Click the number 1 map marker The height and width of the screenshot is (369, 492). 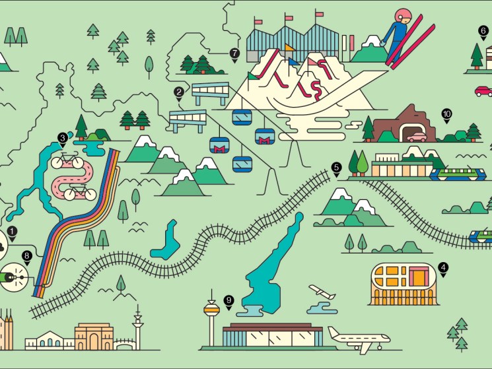12,232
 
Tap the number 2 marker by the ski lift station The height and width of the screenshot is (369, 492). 179,93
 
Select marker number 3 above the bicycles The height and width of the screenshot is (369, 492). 63,139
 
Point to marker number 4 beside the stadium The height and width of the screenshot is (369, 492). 443,268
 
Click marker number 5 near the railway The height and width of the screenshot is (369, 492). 337,168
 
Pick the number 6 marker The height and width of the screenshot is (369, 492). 483,31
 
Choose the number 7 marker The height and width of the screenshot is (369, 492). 234,53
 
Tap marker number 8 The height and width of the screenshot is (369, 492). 27,255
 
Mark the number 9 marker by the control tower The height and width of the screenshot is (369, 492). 228,300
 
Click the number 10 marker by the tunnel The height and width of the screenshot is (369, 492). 446,114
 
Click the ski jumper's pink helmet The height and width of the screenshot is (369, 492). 402,16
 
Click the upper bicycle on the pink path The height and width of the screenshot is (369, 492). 67,161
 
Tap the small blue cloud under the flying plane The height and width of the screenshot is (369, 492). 322,308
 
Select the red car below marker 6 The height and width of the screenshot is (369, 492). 483,90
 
